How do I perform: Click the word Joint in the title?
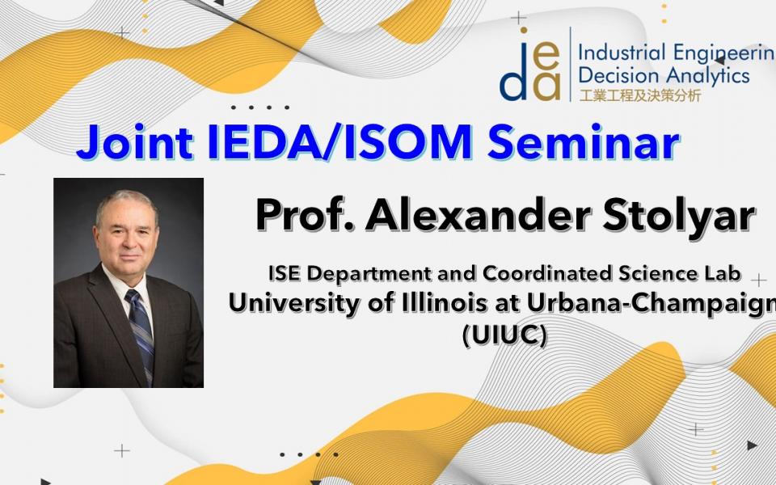[135, 142]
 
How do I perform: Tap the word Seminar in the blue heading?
[583, 142]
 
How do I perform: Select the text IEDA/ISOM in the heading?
[340, 142]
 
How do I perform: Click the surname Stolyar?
[678, 216]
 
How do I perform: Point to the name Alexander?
[478, 215]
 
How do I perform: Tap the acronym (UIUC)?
[504, 335]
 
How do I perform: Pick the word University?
[294, 304]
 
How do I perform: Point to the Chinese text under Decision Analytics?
[640, 95]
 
